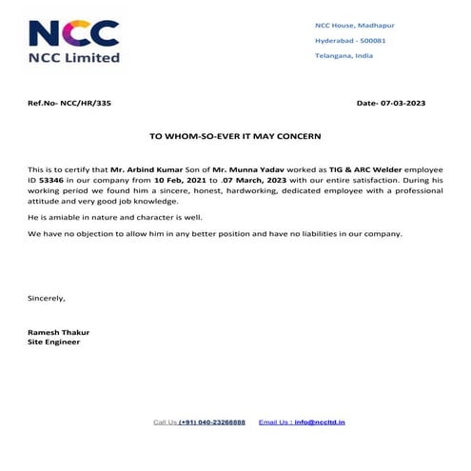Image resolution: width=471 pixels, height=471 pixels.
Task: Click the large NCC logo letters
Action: pos(73,33)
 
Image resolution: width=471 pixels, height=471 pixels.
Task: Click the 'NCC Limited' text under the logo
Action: pos(74,57)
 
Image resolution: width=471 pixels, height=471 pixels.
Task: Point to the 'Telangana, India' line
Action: pos(343,57)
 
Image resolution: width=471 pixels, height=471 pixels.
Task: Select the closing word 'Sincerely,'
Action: pos(48,298)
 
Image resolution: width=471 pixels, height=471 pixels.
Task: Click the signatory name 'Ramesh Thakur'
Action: pos(59,331)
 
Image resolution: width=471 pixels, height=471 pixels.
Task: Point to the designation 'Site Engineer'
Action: pos(56,341)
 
